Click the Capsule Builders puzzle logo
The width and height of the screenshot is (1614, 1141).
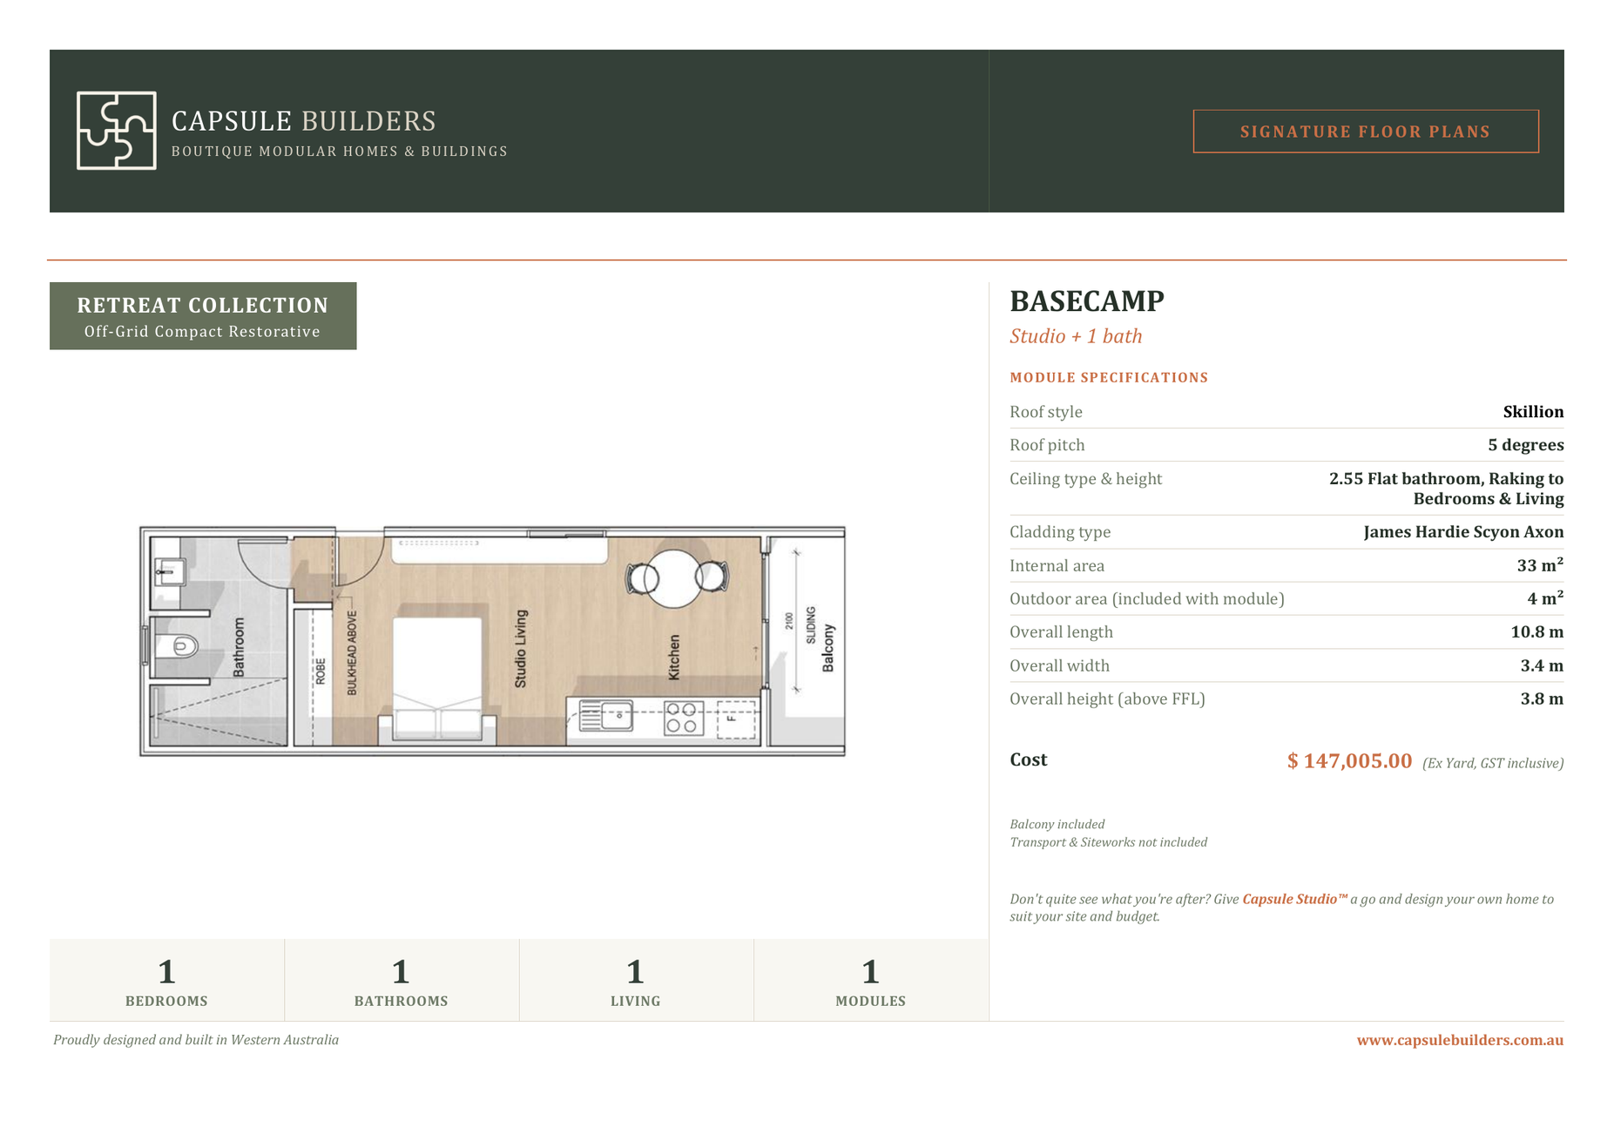117,131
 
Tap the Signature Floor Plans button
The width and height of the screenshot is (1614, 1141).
1365,132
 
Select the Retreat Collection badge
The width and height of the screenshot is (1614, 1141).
203,316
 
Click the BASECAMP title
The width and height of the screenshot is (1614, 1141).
1086,301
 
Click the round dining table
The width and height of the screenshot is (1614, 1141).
677,578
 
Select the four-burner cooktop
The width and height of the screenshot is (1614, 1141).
684,719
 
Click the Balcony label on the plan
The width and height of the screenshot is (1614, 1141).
828,648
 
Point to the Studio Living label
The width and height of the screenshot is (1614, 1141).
521,649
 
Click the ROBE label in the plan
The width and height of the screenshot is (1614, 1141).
321,672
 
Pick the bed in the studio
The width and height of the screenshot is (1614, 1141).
437,680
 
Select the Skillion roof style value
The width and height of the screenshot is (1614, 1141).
1533,412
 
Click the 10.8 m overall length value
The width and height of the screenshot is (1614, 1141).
1536,632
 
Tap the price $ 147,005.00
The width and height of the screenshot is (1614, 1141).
1349,761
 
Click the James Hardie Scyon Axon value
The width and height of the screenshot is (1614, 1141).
1463,532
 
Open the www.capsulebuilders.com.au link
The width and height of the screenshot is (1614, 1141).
1460,1040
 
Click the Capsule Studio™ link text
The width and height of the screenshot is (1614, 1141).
1294,899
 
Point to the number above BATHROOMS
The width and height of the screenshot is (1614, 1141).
401,971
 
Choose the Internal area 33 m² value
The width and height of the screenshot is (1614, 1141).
1540,565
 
